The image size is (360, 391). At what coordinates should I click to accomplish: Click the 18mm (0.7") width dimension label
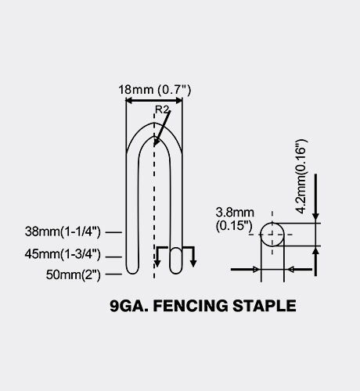pos(155,90)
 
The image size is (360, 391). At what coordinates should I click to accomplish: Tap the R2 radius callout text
pos(162,109)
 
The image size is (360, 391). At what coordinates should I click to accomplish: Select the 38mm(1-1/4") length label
pos(63,231)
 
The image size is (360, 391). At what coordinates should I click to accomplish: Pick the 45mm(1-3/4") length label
pos(63,254)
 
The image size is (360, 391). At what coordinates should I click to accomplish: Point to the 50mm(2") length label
pos(74,274)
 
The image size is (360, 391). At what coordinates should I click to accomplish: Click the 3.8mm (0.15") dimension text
pos(235,219)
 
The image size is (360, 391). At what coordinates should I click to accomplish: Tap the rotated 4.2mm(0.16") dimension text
pos(301,177)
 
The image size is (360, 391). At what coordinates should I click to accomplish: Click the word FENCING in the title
pos(190,306)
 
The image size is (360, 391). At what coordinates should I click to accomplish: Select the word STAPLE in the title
pos(265,306)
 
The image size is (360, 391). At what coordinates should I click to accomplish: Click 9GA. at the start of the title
pos(129,306)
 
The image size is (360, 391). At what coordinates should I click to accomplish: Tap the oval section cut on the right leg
pos(176,260)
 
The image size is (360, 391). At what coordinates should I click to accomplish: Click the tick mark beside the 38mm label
pos(113,232)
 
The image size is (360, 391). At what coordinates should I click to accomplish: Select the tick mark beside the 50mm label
pos(113,274)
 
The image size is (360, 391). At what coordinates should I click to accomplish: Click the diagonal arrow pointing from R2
pos(162,128)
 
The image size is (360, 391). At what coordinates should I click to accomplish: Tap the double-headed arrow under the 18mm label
pos(154,101)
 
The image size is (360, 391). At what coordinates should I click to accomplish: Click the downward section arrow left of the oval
pos(157,256)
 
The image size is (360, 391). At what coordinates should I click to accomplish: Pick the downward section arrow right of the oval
pos(193,256)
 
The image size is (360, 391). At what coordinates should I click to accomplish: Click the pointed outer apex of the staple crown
pos(154,123)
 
